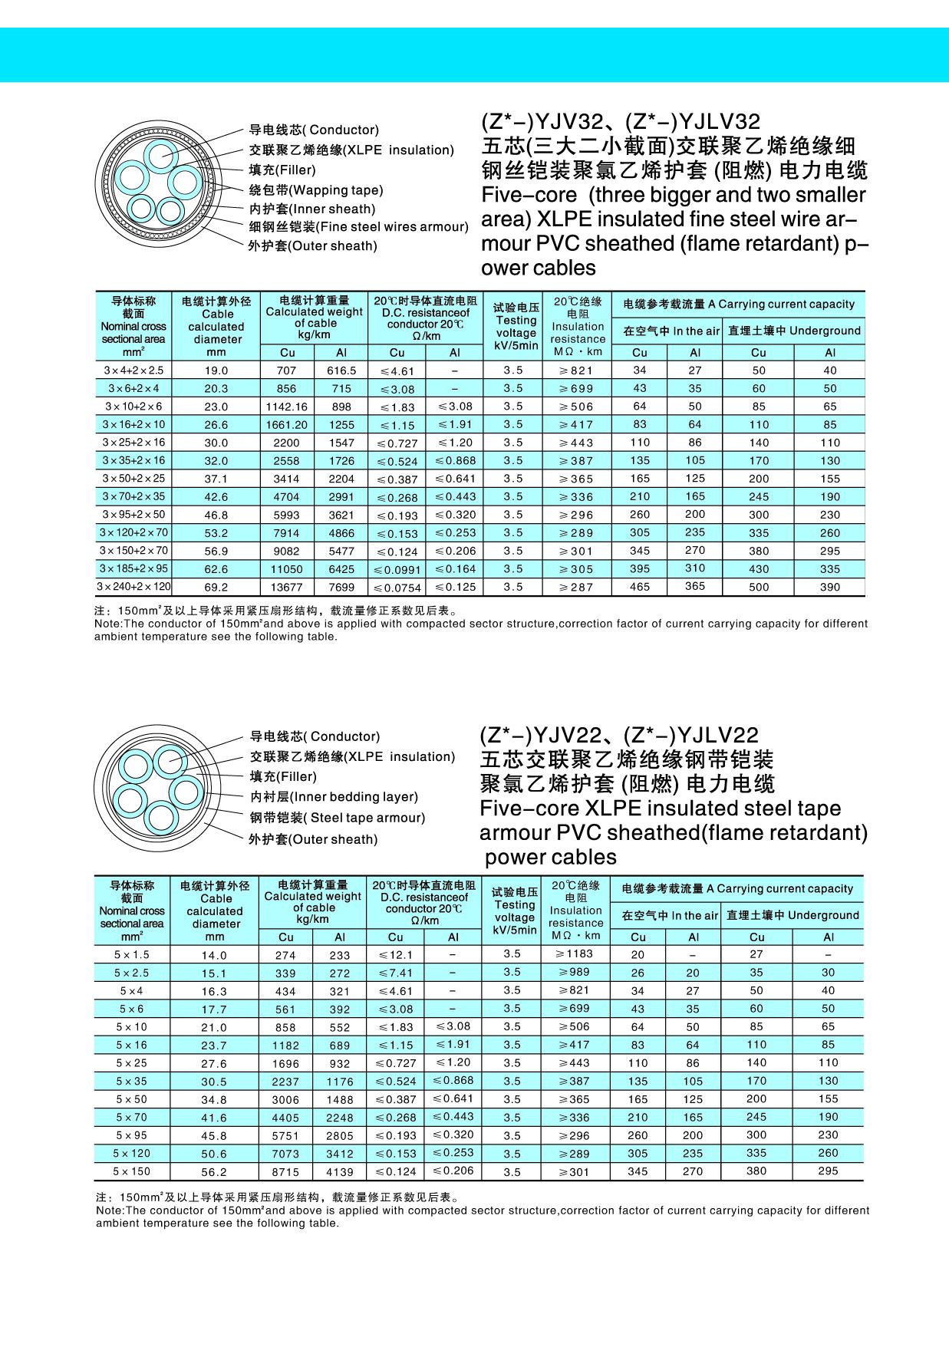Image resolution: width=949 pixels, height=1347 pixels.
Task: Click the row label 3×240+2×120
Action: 133,587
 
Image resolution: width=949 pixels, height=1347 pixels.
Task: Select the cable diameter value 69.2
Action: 216,588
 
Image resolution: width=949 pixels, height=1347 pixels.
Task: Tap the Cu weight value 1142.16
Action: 286,407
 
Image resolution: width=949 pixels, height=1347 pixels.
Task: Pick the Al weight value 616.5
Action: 341,370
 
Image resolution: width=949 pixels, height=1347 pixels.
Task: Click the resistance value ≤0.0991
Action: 397,570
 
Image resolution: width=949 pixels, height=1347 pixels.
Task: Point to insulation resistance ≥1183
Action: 574,953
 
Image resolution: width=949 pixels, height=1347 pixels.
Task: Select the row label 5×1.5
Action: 131,954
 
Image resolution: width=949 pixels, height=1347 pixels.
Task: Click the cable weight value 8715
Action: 285,1172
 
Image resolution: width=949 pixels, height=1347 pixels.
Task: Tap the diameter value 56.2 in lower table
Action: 214,1172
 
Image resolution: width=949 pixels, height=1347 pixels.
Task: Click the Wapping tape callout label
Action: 316,190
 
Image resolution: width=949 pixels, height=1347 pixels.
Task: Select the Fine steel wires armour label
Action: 358,226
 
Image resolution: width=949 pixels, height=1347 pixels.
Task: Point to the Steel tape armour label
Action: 337,818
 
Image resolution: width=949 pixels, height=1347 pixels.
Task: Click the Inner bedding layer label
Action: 334,797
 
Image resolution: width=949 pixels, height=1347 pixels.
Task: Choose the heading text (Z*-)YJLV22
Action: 691,736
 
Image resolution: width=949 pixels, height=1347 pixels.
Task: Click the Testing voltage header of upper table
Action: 516,327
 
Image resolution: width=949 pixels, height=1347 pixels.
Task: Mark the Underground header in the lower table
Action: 792,915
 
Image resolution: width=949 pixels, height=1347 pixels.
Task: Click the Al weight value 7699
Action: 341,588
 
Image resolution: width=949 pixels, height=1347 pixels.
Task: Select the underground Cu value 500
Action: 759,588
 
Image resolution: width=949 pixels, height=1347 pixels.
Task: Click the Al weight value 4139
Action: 339,1172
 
